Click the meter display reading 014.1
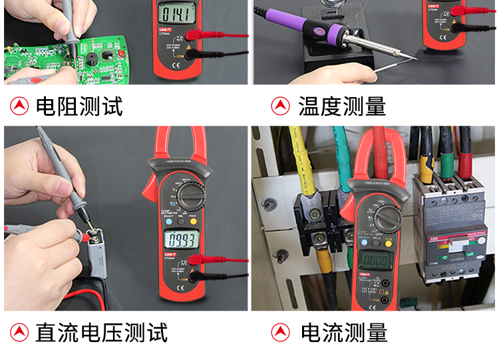click(x=175, y=15)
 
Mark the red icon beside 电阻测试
click(x=19, y=106)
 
